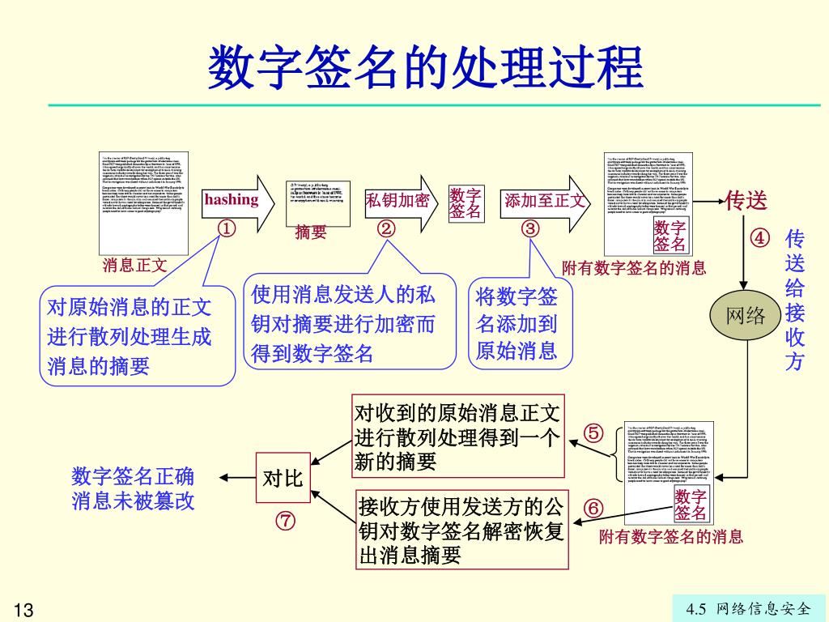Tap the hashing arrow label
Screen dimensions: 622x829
(x=232, y=199)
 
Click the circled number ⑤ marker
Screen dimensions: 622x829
(x=593, y=433)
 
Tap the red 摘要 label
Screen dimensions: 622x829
(x=311, y=233)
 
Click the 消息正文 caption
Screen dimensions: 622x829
(x=134, y=265)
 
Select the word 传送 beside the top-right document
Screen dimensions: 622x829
(x=746, y=200)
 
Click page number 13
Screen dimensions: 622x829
(x=23, y=609)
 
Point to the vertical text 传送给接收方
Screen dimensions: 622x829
(x=795, y=300)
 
